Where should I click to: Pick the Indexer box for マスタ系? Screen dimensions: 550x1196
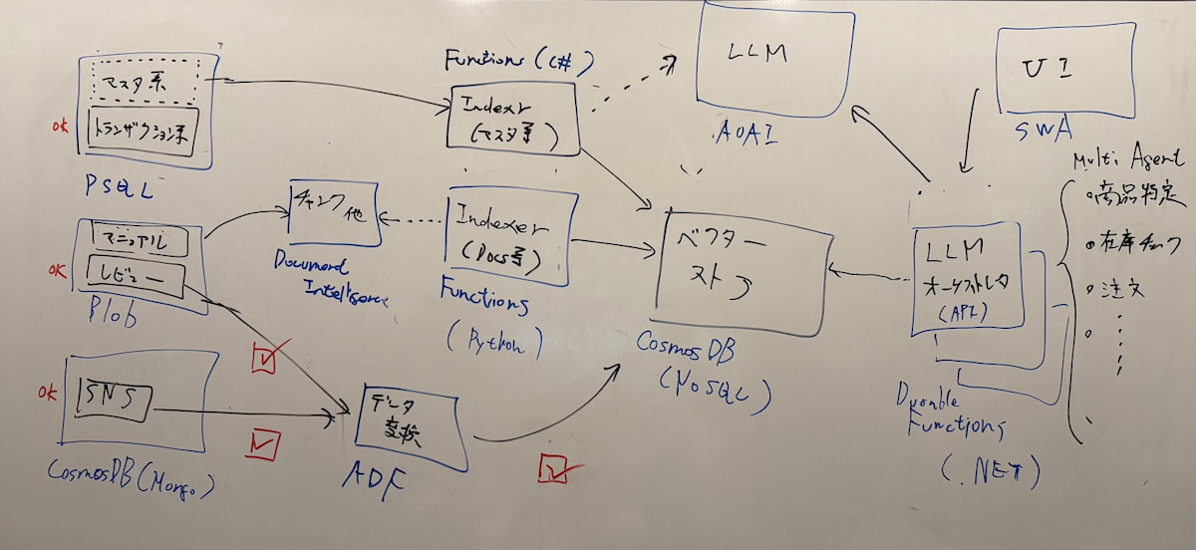pyautogui.click(x=514, y=118)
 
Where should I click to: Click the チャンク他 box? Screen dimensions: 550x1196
pyautogui.click(x=333, y=210)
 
